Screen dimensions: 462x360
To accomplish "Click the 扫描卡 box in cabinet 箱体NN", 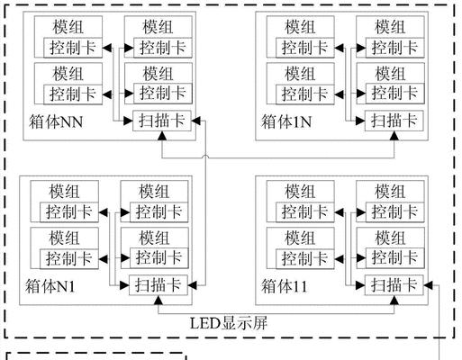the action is click(162, 121).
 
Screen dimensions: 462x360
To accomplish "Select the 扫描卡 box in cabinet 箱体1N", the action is click(394, 121).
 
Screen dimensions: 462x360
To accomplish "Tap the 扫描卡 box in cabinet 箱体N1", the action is click(159, 285).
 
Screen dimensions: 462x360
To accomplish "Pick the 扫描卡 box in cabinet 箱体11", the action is click(394, 285).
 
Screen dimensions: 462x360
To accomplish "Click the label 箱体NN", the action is click(56, 122).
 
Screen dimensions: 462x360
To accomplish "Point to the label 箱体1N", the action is click(286, 122).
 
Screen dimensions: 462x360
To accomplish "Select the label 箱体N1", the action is click(50, 286).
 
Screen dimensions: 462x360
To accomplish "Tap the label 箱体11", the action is click(285, 286).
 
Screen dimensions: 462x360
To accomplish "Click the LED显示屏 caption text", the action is click(229, 323).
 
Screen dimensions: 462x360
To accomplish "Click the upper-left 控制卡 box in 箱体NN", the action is click(73, 48).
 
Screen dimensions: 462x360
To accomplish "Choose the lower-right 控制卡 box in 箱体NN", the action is click(163, 94).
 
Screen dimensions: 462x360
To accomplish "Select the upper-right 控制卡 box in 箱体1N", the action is click(394, 48).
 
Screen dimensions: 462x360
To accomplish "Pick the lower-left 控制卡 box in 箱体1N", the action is click(305, 94).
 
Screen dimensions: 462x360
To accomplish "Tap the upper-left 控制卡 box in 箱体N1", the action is click(69, 212).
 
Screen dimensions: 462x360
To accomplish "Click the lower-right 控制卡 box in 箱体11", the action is click(394, 257).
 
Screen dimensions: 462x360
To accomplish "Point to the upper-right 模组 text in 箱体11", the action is click(390, 192).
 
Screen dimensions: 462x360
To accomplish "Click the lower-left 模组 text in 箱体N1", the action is click(64, 238).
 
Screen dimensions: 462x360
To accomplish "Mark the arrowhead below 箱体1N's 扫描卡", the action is click(394, 136).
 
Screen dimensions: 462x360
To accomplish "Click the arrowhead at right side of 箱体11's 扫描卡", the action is click(428, 285).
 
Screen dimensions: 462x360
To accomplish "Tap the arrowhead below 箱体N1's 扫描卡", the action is click(159, 300).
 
